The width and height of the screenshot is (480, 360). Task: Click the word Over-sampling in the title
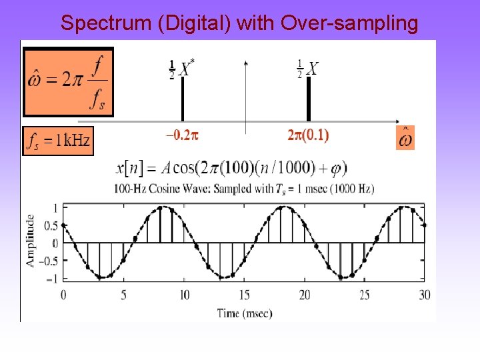click(350, 23)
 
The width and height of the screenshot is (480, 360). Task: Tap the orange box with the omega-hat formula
click(68, 81)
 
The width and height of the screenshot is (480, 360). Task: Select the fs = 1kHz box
click(57, 141)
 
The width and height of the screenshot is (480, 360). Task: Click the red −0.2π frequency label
click(182, 135)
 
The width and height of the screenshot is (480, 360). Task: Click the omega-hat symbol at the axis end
click(405, 138)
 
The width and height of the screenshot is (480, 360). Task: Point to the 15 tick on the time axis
click(245, 295)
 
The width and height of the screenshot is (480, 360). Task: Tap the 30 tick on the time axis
click(425, 295)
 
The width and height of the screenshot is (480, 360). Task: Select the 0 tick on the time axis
click(63, 295)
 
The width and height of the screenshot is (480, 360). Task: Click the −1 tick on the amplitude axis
click(51, 278)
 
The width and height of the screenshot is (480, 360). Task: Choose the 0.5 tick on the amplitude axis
click(50, 225)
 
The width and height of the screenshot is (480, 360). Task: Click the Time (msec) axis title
click(245, 313)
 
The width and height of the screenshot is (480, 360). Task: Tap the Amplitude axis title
click(31, 240)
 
